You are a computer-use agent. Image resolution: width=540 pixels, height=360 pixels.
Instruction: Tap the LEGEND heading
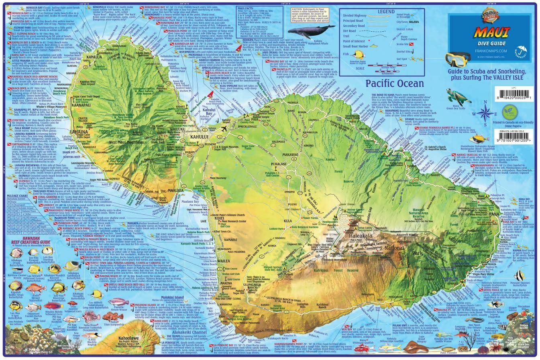(386, 12)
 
